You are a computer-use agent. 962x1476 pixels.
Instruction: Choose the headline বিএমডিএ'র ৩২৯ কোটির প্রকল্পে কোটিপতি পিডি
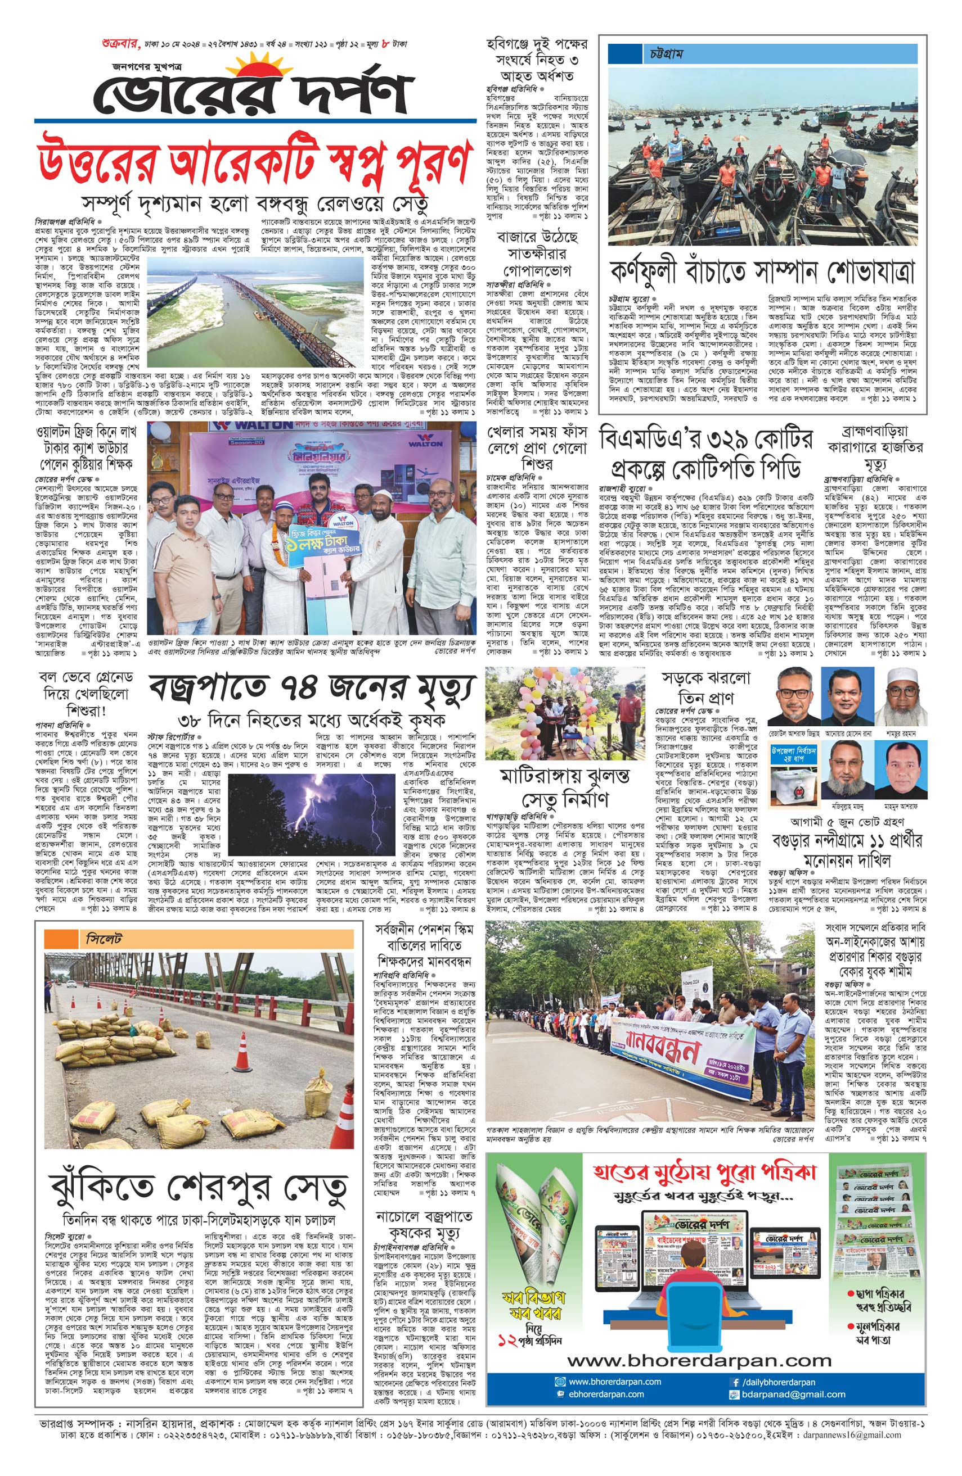[x=705, y=454]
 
